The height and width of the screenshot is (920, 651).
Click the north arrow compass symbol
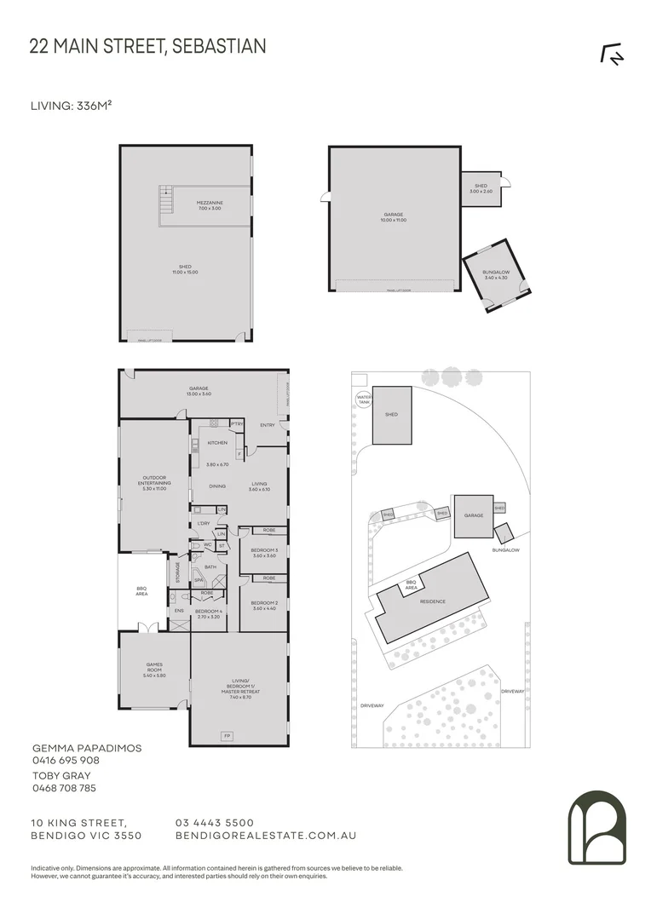pyautogui.click(x=612, y=54)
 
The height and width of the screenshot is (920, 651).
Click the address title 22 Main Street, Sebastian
pyautogui.click(x=147, y=46)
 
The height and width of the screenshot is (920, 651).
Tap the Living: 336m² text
pyautogui.click(x=72, y=106)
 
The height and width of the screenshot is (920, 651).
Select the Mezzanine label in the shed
pyautogui.click(x=210, y=205)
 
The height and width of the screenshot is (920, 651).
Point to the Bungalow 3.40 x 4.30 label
pyautogui.click(x=495, y=274)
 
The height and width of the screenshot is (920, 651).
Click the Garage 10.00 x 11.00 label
pyautogui.click(x=393, y=217)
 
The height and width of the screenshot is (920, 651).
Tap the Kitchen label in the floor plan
pyautogui.click(x=216, y=443)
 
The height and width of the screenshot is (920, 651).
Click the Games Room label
pyautogui.click(x=153, y=667)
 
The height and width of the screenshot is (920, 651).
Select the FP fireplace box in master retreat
pyautogui.click(x=228, y=735)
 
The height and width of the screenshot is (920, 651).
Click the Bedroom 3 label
pyautogui.click(x=263, y=552)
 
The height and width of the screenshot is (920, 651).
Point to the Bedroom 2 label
pyautogui.click(x=263, y=604)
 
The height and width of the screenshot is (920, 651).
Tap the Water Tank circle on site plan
pyautogui.click(x=364, y=400)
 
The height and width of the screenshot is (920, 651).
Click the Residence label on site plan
pyautogui.click(x=432, y=601)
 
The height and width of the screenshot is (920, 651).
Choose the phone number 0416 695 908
pyautogui.click(x=65, y=760)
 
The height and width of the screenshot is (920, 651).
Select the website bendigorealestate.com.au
pyautogui.click(x=265, y=836)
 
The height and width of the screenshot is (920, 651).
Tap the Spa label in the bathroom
pyautogui.click(x=199, y=581)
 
